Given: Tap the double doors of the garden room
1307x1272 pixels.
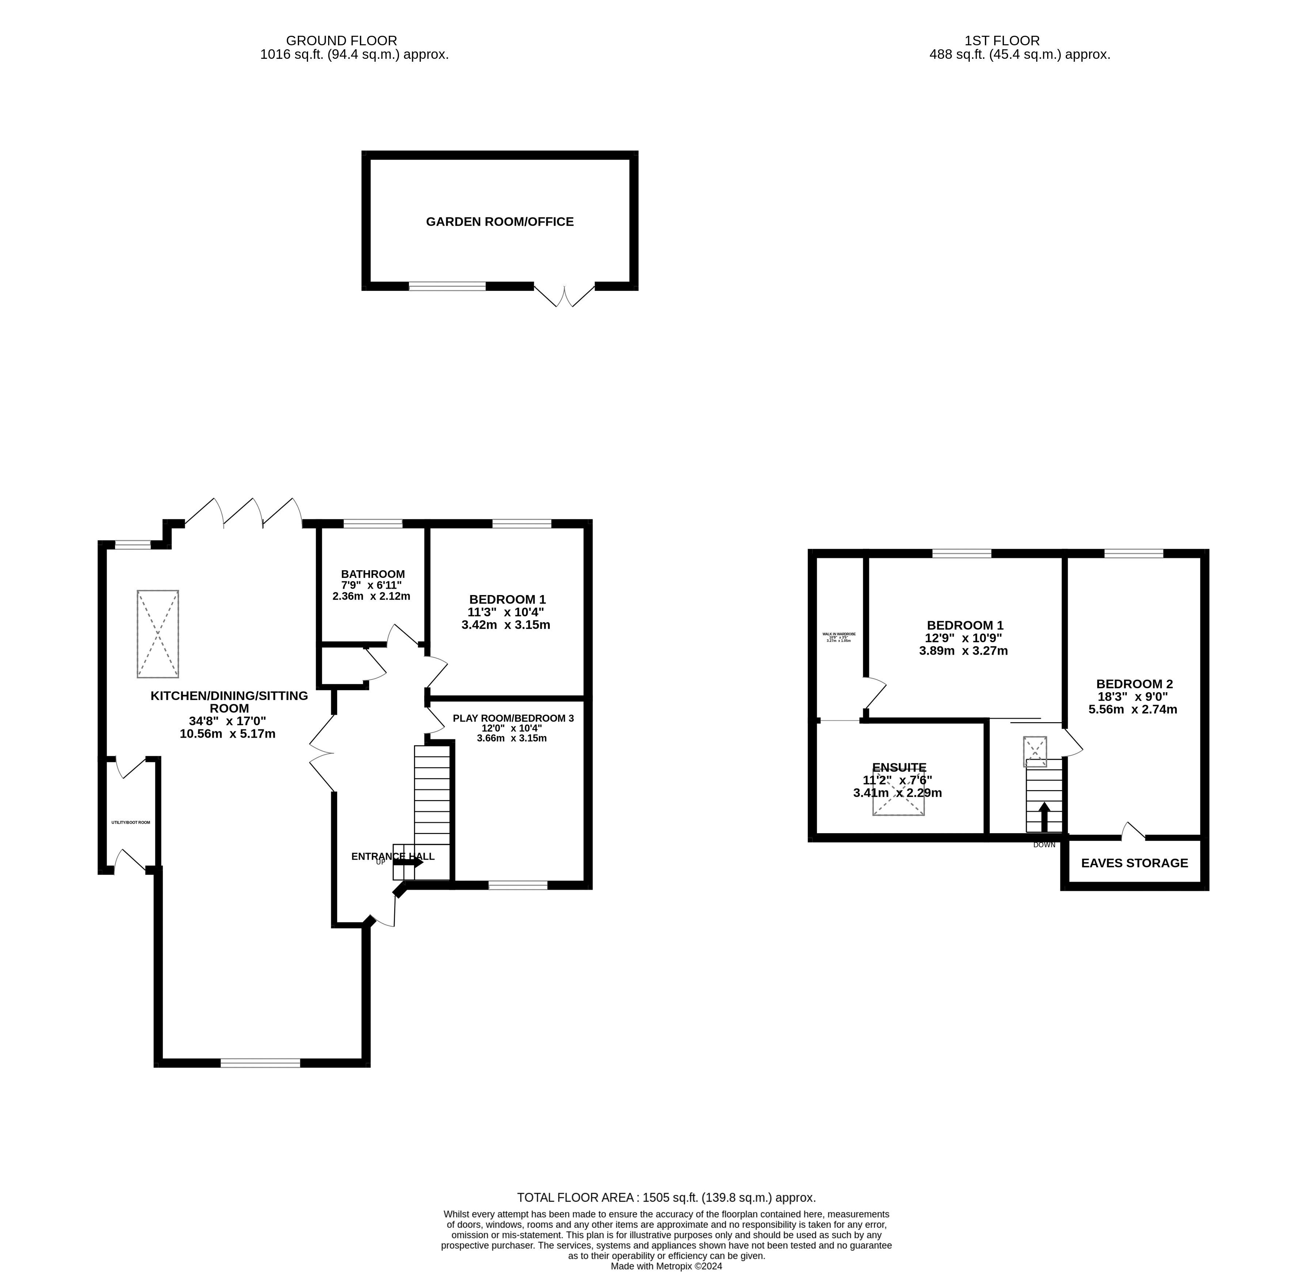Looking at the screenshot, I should click(x=565, y=296).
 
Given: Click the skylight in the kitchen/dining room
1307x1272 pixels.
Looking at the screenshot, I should click(x=158, y=634).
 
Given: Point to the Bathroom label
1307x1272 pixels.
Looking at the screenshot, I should click(x=373, y=574).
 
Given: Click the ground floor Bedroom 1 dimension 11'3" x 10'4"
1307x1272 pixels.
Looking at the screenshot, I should click(x=506, y=612).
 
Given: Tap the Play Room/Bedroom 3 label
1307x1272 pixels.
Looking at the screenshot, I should click(x=513, y=718).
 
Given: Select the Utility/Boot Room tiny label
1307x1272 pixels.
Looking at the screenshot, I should click(x=131, y=822).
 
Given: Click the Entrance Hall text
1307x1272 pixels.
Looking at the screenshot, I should click(x=393, y=856).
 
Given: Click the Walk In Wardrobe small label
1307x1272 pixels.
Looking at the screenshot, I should click(x=839, y=634).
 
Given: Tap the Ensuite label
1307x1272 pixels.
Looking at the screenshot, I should click(x=899, y=767).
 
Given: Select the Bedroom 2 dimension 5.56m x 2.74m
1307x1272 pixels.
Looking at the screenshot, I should click(x=1133, y=709).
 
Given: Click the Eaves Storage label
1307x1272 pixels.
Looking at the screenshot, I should click(x=1135, y=862).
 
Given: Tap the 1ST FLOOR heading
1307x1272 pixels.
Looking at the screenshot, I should click(x=1002, y=41).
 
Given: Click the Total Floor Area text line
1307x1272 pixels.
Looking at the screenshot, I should click(x=666, y=1198).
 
